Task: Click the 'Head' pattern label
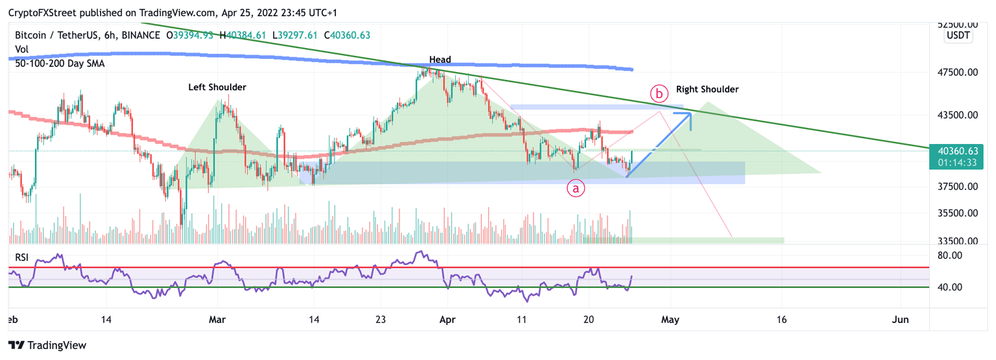point(440,60)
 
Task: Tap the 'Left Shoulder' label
point(217,87)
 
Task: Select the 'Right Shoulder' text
point(707,90)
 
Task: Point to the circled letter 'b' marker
point(659,94)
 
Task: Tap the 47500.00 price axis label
point(958,73)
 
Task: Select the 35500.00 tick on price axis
point(958,213)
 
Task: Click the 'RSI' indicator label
point(23,257)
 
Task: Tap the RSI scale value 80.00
point(950,256)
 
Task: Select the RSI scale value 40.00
point(950,287)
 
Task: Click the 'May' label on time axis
point(670,320)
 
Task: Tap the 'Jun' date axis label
point(899,320)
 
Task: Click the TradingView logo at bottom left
point(47,345)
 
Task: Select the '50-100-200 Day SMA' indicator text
point(60,64)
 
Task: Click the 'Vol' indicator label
point(22,49)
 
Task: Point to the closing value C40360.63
point(347,35)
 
